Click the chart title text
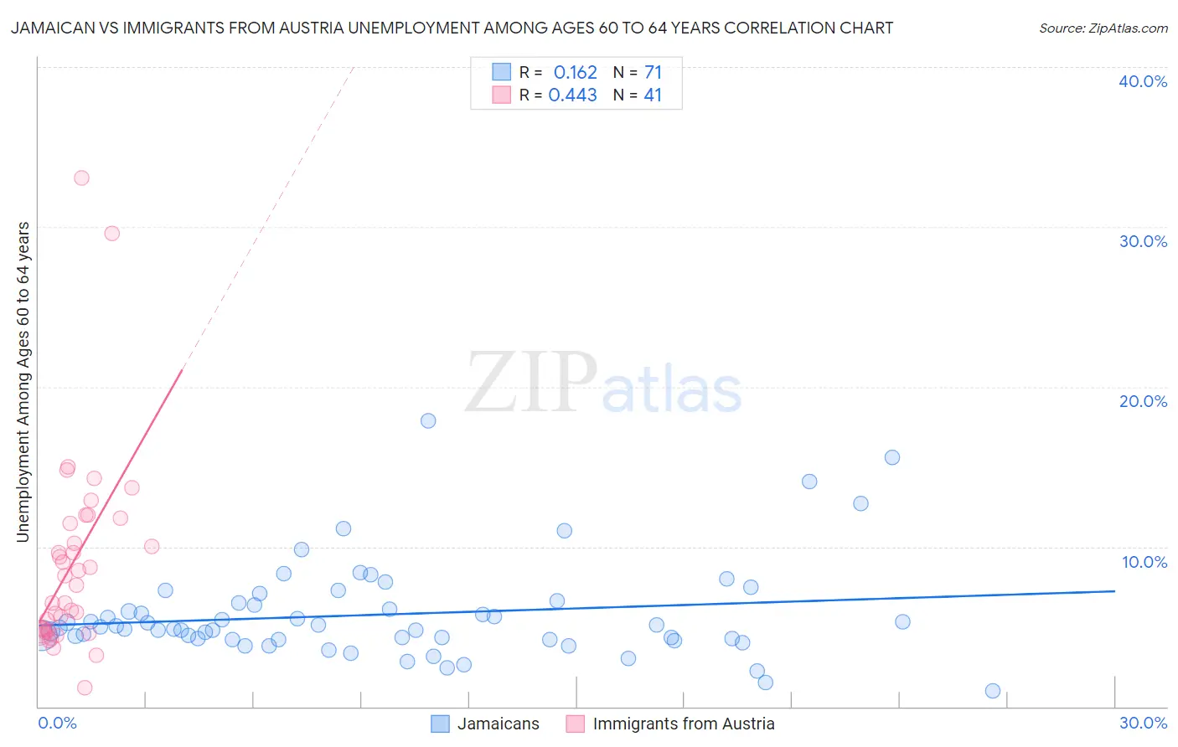452,28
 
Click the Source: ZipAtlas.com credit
1103,28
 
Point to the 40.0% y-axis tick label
1143,81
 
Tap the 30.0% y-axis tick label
1143,241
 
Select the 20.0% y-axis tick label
1143,401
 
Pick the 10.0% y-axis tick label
1144,562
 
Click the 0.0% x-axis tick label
57,723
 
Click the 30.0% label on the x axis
1143,723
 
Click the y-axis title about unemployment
23,382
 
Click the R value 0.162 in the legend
575,72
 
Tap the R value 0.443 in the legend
572,95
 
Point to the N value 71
653,72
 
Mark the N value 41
653,95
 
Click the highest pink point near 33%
81,178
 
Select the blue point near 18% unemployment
428,420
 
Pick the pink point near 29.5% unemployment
111,233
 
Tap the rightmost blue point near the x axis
993,691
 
